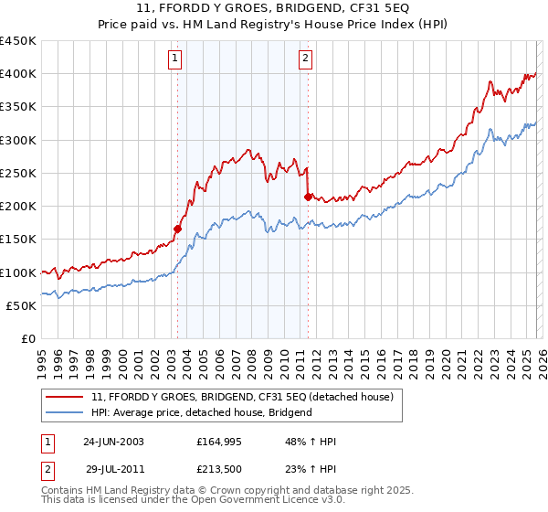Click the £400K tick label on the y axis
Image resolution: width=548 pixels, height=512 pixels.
(x=18, y=74)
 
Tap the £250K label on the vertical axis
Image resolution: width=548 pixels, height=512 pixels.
(x=18, y=173)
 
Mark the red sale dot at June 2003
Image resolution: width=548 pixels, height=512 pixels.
(x=177, y=229)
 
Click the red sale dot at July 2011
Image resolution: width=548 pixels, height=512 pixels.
(x=308, y=197)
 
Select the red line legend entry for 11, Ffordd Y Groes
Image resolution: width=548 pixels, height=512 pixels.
(x=242, y=397)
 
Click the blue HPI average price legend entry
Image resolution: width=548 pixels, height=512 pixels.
(x=202, y=412)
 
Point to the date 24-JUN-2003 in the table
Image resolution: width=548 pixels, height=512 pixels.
(x=113, y=441)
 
